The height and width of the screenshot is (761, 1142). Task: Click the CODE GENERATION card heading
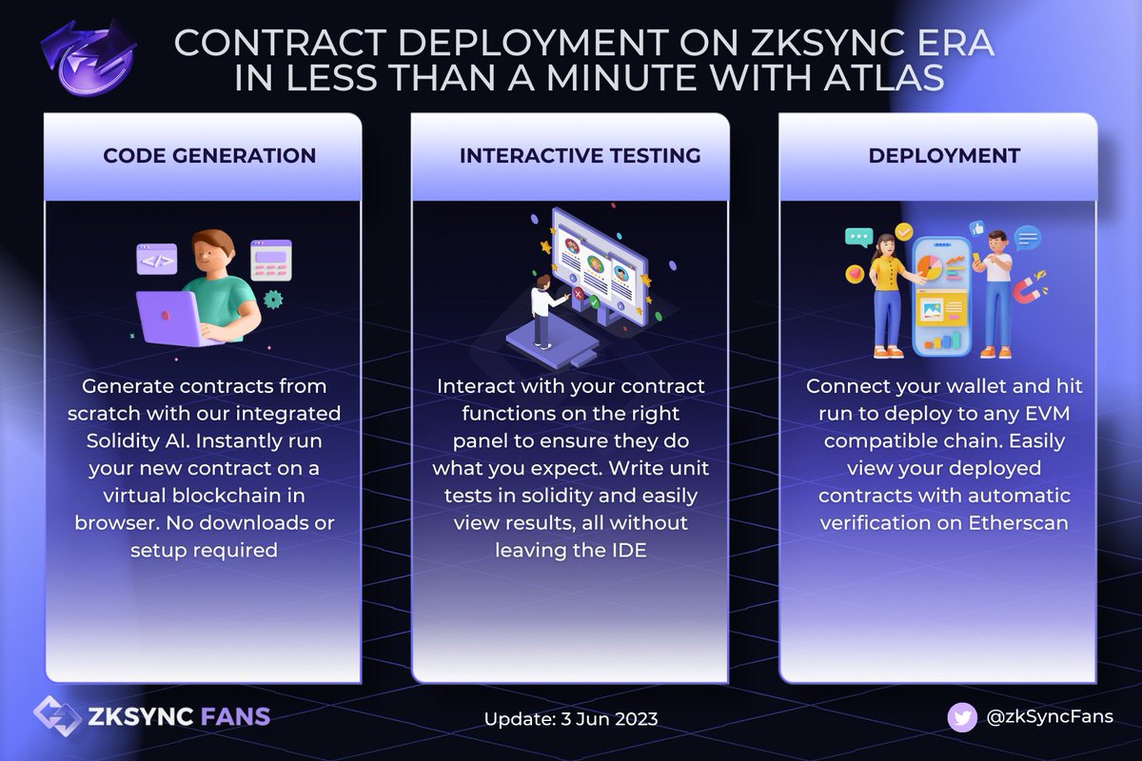[209, 155]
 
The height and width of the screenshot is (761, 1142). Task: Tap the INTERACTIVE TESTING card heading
[581, 155]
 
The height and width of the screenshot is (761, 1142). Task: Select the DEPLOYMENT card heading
[944, 155]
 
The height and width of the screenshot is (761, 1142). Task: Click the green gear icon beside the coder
[274, 299]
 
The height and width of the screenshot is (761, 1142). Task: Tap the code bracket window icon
[156, 258]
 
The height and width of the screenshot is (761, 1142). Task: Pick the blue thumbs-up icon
[976, 229]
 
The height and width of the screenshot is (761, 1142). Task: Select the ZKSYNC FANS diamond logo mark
[53, 715]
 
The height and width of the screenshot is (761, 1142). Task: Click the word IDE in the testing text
[627, 550]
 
